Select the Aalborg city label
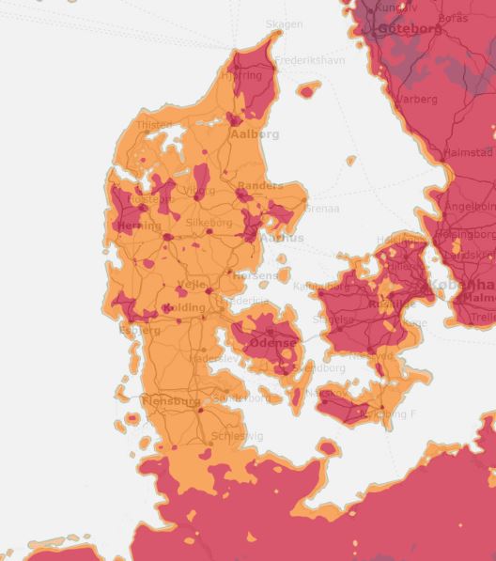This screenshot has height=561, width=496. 255,134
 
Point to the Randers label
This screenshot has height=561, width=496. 260,186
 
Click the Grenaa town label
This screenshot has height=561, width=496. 321,208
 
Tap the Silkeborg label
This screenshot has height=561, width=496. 209,223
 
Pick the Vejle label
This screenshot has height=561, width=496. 192,284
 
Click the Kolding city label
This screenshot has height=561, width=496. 183,308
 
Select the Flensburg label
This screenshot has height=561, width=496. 171,401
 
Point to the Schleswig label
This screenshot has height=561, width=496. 238,436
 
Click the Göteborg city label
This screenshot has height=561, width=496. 410,29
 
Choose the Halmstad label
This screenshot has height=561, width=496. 467,152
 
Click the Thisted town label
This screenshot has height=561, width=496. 154,124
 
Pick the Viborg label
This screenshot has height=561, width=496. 198,191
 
